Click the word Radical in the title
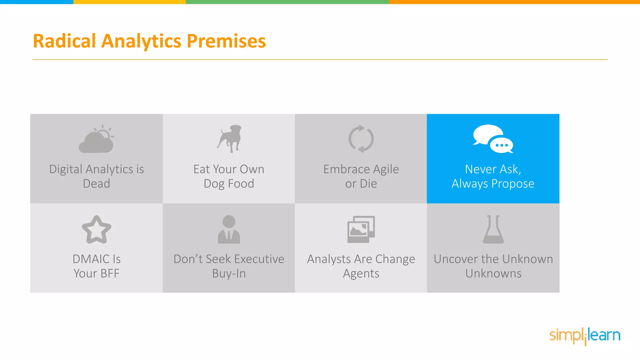(64, 41)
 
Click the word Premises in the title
(226, 41)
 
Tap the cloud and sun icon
(97, 139)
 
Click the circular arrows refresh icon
(361, 139)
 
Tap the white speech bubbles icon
(493, 139)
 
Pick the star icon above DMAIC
(97, 230)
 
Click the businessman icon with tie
(229, 230)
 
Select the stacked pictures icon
(361, 229)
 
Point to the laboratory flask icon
(493, 230)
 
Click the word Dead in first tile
(97, 184)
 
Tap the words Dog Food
(229, 184)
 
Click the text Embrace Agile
(361, 169)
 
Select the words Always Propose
(493, 184)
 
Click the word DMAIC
(91, 259)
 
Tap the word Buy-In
(229, 274)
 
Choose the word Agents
(361, 274)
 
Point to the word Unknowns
(493, 274)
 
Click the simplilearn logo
(585, 336)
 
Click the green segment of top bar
(287, 2)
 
